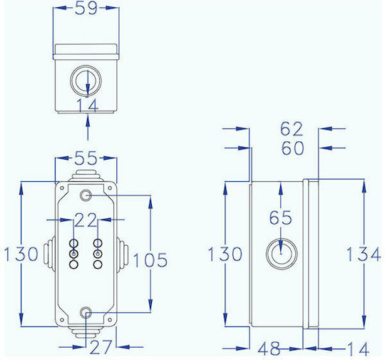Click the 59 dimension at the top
tap(86, 8)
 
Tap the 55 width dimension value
tap(86, 158)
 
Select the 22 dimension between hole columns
tap(86, 220)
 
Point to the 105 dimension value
tap(150, 260)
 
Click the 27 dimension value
tap(101, 347)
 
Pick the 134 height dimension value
tap(364, 254)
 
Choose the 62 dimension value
tap(292, 129)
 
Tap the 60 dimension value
tap(293, 148)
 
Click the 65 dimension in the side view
tap(280, 217)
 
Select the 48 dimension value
tap(269, 349)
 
